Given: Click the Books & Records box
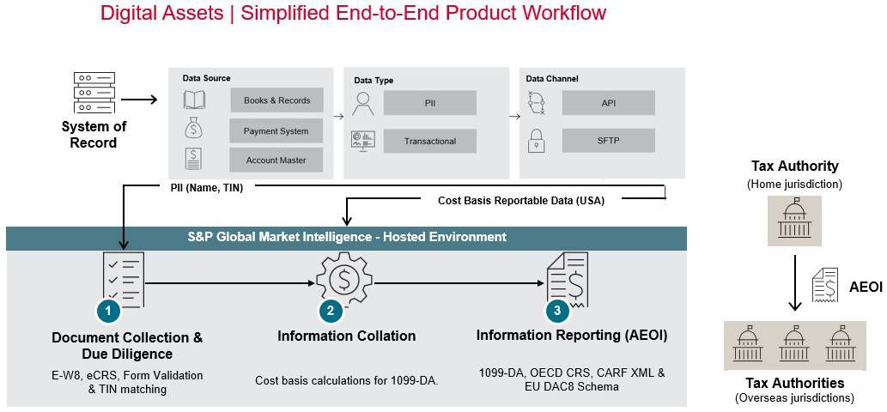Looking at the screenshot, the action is pyautogui.click(x=276, y=100).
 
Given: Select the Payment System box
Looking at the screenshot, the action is pyautogui.click(x=276, y=130).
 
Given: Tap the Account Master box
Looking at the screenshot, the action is pyautogui.click(x=276, y=160).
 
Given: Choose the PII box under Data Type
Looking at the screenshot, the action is pyautogui.click(x=430, y=103).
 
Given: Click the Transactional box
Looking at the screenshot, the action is pyautogui.click(x=430, y=141).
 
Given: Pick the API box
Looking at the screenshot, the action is pyautogui.click(x=608, y=103).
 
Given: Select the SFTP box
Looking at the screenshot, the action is pyautogui.click(x=608, y=141).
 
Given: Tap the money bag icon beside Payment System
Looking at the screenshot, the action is pyautogui.click(x=193, y=129).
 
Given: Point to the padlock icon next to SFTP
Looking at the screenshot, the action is pyautogui.click(x=535, y=141).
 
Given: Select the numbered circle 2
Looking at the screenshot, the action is pyautogui.click(x=331, y=310).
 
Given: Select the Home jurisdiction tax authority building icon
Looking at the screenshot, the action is pyautogui.click(x=794, y=221).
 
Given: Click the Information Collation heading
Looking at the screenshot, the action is pyautogui.click(x=346, y=336).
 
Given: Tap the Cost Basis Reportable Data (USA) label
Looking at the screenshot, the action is pyautogui.click(x=521, y=201).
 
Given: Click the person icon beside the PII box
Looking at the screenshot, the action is pyautogui.click(x=362, y=102).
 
